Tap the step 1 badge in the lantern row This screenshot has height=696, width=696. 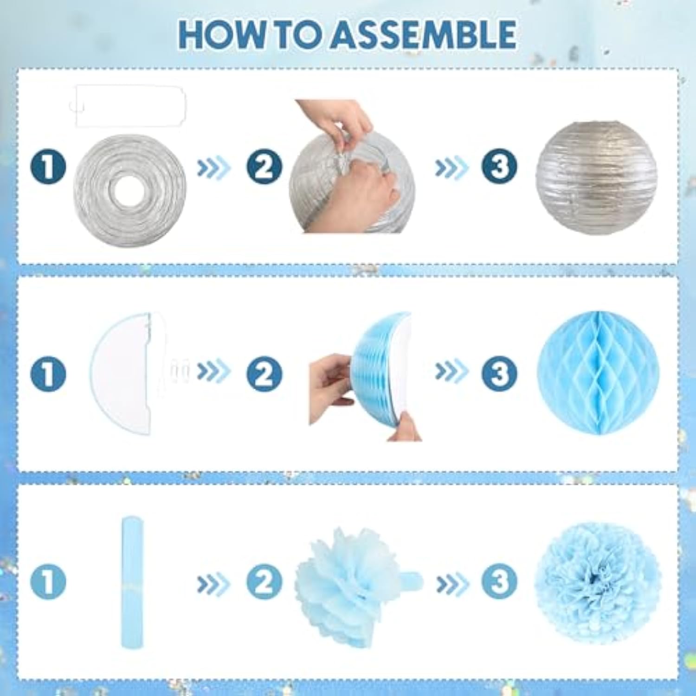[49, 167]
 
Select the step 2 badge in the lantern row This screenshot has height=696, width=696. [264, 167]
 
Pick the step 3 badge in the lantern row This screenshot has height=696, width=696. [499, 167]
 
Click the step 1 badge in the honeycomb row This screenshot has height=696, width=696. [49, 374]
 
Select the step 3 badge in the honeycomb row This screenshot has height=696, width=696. [499, 374]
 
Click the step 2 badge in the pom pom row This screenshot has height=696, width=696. [264, 581]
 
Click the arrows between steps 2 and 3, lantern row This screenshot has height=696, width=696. [451, 167]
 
